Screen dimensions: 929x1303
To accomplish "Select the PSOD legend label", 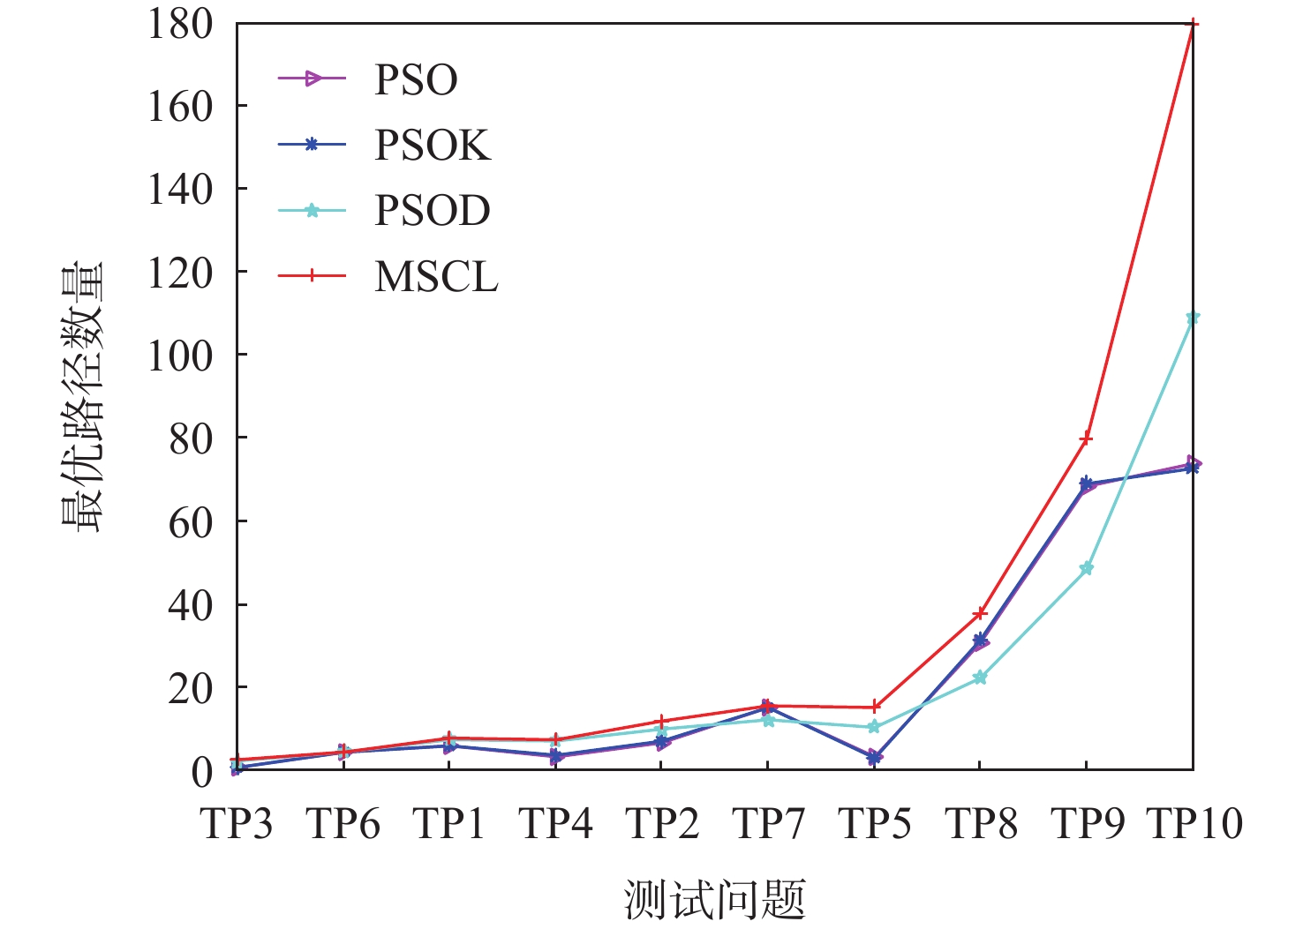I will pyautogui.click(x=432, y=211).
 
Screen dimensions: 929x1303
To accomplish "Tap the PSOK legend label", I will pyautogui.click(x=432, y=146).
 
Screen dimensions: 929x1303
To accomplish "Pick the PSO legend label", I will pyautogui.click(x=416, y=80).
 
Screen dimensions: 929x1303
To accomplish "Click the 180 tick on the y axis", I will pyautogui.click(x=180, y=24).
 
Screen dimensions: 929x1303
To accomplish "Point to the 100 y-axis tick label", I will pyautogui.click(x=180, y=356).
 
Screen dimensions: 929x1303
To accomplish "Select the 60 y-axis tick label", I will pyautogui.click(x=191, y=521).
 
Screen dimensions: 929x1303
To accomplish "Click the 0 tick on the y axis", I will pyautogui.click(x=201, y=772).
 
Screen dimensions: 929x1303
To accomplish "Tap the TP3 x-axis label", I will pyautogui.click(x=237, y=824).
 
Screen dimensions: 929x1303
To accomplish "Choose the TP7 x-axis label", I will pyautogui.click(x=768, y=824).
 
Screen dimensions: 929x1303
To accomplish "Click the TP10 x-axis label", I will pyautogui.click(x=1194, y=824).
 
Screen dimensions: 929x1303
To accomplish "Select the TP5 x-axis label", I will pyautogui.click(x=874, y=824).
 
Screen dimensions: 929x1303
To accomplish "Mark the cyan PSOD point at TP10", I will pyautogui.click(x=1193, y=318).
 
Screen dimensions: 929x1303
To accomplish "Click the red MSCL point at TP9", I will pyautogui.click(x=1086, y=438).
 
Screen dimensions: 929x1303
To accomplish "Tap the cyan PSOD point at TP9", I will pyautogui.click(x=1086, y=569).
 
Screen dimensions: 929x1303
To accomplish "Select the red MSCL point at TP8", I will pyautogui.click(x=980, y=613).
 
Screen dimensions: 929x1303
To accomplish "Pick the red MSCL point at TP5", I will pyautogui.click(x=874, y=707).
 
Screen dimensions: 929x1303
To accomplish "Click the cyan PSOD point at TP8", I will pyautogui.click(x=980, y=678).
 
